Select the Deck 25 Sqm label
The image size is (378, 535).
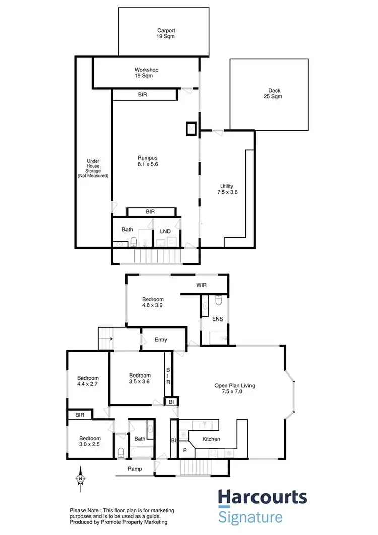click(274, 94)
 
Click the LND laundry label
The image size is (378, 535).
click(165, 232)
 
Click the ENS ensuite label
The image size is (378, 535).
click(217, 319)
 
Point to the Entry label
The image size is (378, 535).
click(161, 340)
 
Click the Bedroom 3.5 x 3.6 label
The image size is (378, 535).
click(140, 379)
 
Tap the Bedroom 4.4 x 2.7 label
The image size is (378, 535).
click(88, 381)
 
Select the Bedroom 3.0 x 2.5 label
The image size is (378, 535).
click(90, 442)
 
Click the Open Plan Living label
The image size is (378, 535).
click(235, 389)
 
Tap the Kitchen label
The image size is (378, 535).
click(211, 439)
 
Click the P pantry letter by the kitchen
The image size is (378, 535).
click(184, 450)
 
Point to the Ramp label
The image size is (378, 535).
click(134, 469)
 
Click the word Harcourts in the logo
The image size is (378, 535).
click(262, 498)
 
